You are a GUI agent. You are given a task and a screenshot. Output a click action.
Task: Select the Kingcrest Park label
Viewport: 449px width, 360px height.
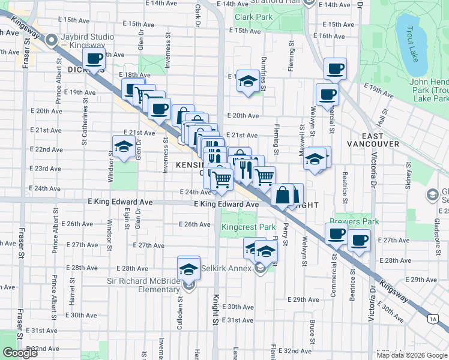249,227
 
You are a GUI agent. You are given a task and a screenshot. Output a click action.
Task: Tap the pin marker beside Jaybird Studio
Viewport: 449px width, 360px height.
52,40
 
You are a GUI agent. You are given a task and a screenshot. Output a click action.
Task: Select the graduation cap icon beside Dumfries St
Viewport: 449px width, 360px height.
247,80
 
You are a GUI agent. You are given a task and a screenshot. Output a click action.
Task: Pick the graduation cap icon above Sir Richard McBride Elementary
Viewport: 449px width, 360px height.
189,268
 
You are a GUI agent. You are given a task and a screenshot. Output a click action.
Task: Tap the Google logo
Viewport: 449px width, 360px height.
20,353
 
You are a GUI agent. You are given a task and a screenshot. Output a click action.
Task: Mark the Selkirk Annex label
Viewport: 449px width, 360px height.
230,268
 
